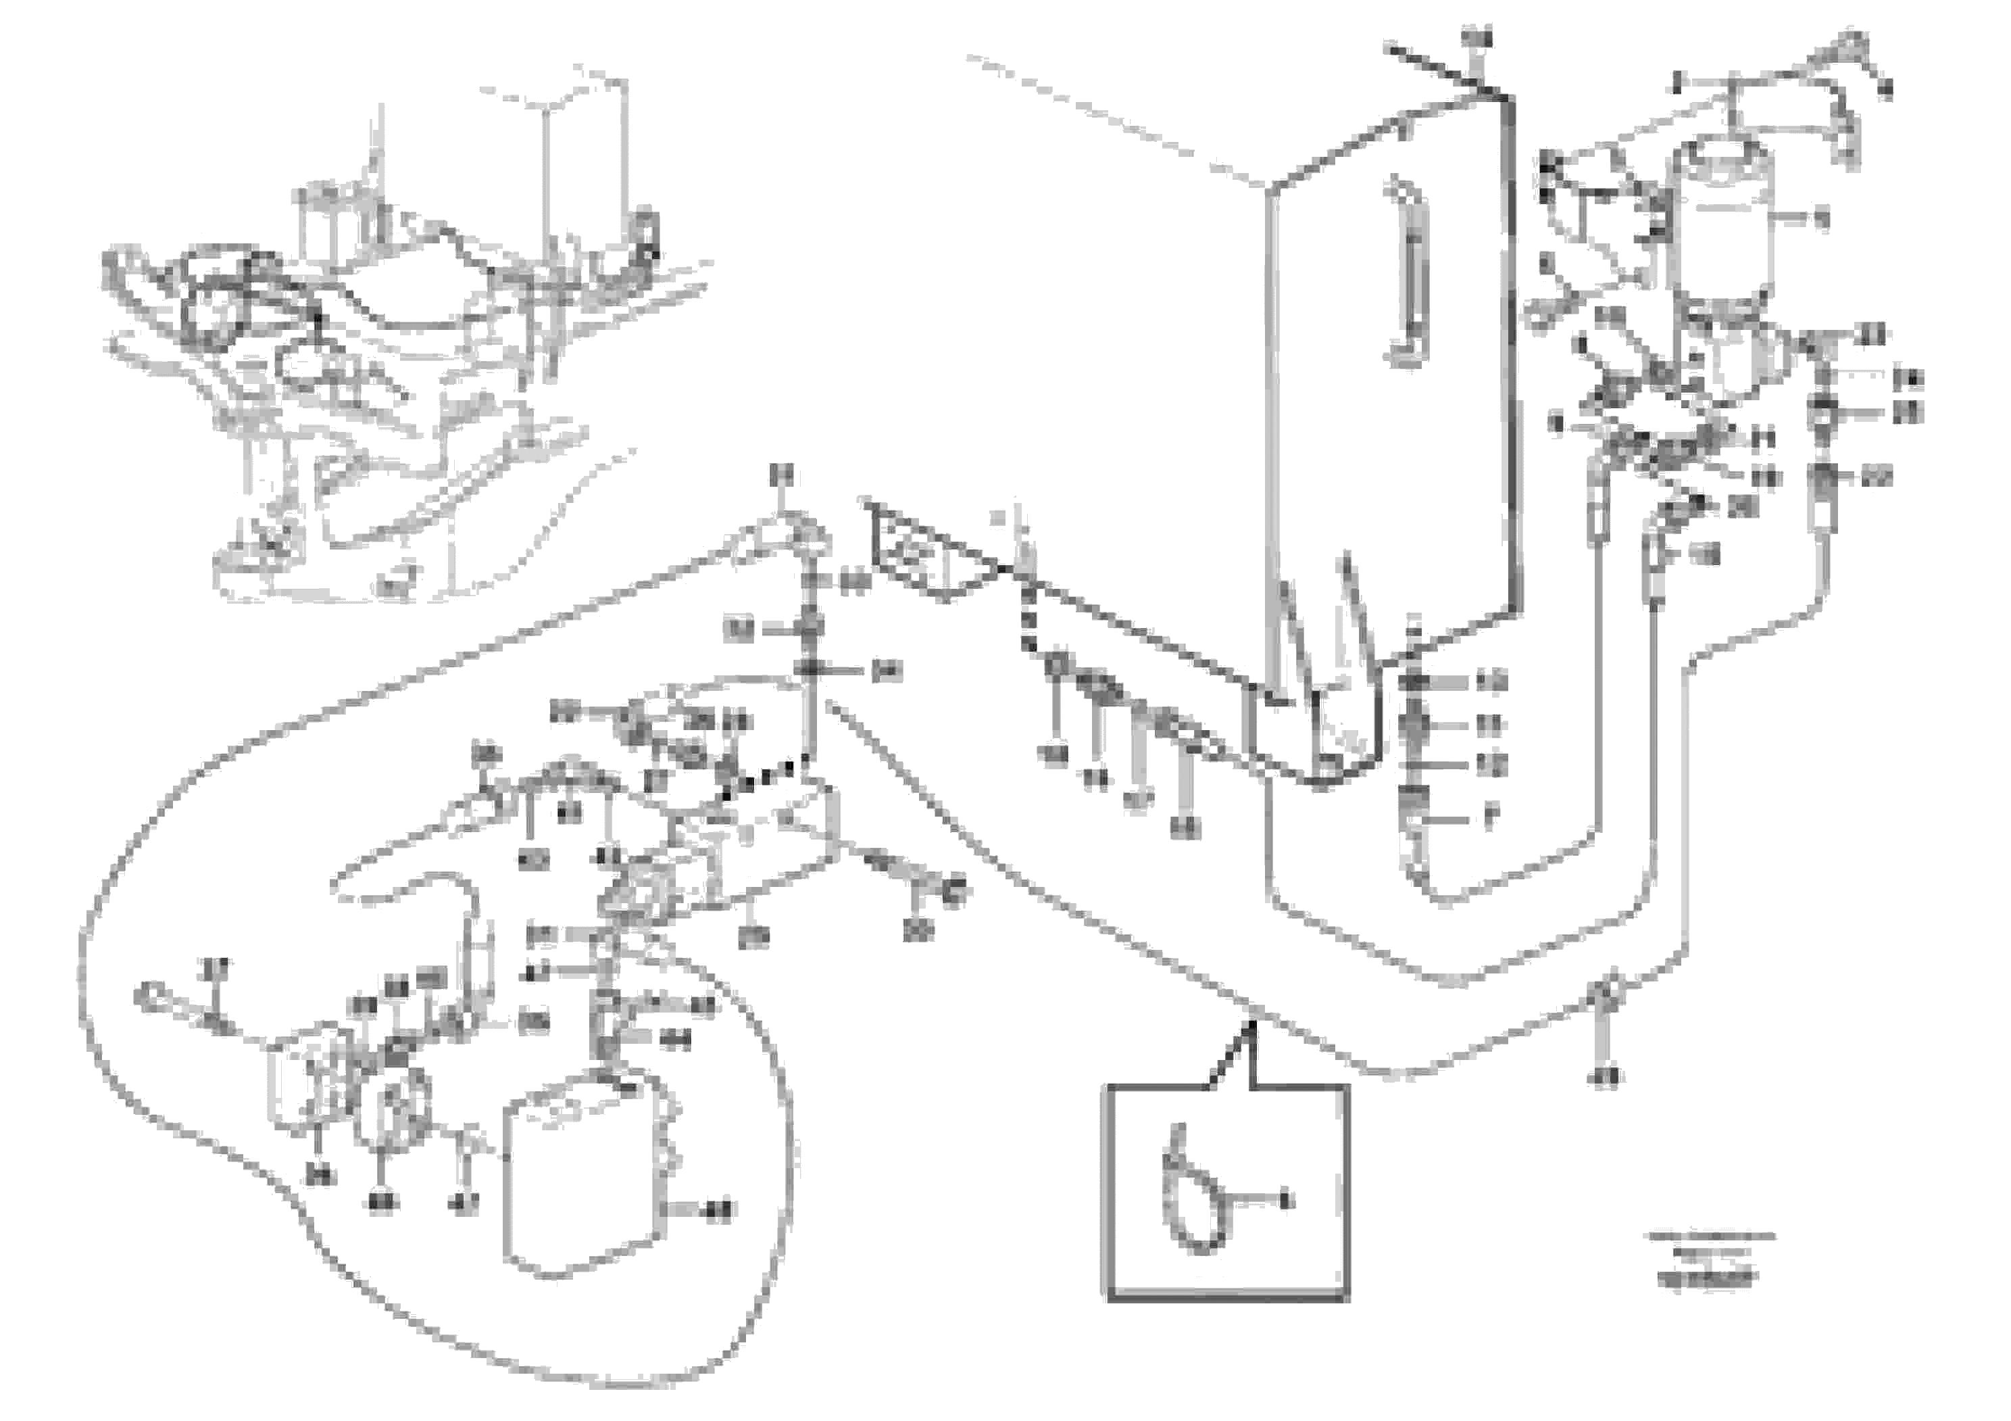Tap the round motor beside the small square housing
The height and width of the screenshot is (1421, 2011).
pyautogui.click(x=394, y=1108)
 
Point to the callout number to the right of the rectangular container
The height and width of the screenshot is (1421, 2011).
pyautogui.click(x=720, y=1211)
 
